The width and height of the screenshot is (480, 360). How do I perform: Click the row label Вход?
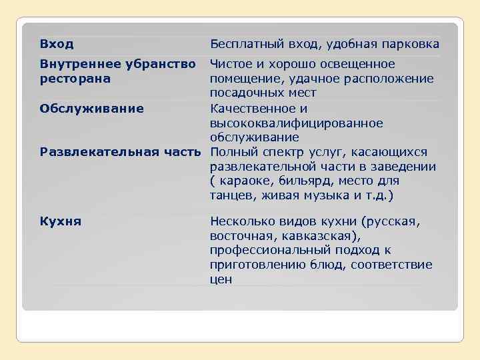pos(57,44)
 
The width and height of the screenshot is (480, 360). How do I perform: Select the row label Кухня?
pos(61,221)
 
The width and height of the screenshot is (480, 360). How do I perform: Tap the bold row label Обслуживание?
pos(92,108)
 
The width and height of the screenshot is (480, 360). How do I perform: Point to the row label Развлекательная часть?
pos(120,152)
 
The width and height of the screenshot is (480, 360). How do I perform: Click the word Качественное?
pos(251,108)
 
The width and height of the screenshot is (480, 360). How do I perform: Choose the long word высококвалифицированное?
pos(297,123)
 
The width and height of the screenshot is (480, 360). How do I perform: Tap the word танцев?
pos(231,196)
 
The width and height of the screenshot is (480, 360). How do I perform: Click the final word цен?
pos(221,279)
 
